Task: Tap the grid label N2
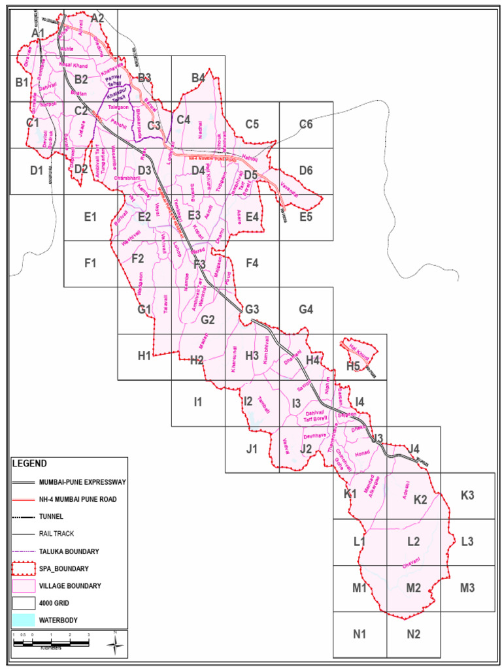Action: [413, 634]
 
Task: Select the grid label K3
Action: [467, 495]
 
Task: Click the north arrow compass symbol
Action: [115, 644]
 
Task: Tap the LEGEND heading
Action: [29, 463]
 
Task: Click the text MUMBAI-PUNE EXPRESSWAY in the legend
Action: [82, 482]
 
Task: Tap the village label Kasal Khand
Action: [73, 66]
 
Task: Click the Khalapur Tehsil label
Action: [118, 95]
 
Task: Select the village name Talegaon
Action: [119, 106]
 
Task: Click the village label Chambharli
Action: [127, 178]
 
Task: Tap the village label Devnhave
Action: [314, 435]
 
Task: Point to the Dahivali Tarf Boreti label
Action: [315, 416]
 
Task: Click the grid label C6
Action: [306, 124]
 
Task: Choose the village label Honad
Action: [362, 453]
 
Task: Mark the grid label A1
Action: [38, 33]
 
